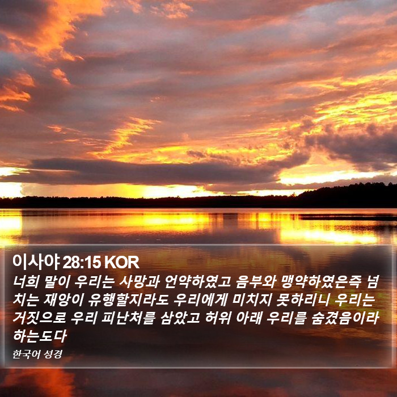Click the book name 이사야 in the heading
coord(36,262)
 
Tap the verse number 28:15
coord(82,263)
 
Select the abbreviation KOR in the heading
coord(121,263)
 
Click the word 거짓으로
coord(39,318)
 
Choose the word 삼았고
coord(180,318)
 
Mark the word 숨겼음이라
coord(345,318)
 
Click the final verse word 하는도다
coord(40,336)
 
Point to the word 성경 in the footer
coord(53,354)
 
